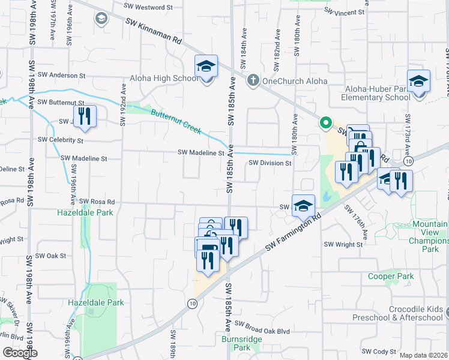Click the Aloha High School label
pos(164,79)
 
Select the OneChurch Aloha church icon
pos(253,80)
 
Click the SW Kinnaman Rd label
pos(154,31)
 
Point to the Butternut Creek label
pos(176,120)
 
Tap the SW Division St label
pos(270,163)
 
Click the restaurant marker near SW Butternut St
pos(85,116)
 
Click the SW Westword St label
pos(149,8)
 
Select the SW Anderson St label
pos(61,76)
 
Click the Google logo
pos(20,353)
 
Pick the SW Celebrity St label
pos(60,140)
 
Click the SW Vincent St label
pos(344,11)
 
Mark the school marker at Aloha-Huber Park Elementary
pos(418,82)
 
